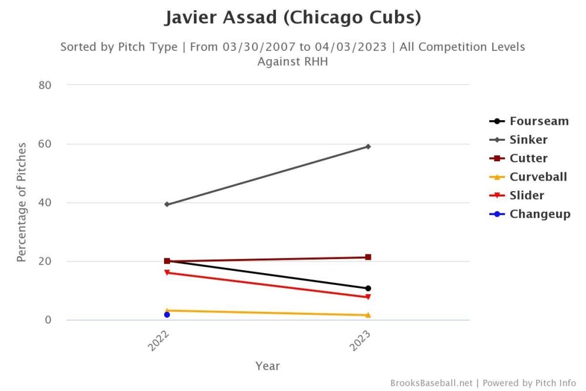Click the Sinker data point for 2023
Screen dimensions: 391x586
(x=368, y=147)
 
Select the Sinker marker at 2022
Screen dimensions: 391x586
(x=167, y=204)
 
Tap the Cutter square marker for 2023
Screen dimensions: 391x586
(x=368, y=257)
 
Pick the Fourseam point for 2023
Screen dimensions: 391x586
(x=368, y=288)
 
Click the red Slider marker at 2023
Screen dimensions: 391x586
(x=368, y=297)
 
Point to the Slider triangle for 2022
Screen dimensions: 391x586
(x=167, y=273)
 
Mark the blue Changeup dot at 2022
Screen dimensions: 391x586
(x=167, y=315)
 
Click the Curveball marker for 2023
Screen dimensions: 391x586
(x=368, y=315)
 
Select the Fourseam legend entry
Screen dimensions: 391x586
(x=539, y=121)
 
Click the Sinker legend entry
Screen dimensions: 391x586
(x=528, y=140)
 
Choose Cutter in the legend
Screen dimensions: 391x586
(x=528, y=158)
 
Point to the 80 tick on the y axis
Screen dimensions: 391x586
(x=45, y=85)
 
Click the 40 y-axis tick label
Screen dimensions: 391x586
(x=45, y=203)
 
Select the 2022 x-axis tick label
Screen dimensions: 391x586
(x=159, y=340)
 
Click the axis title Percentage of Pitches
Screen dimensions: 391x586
(x=22, y=202)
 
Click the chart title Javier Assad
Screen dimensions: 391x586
(x=292, y=18)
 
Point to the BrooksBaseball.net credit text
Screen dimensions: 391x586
(x=431, y=383)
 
